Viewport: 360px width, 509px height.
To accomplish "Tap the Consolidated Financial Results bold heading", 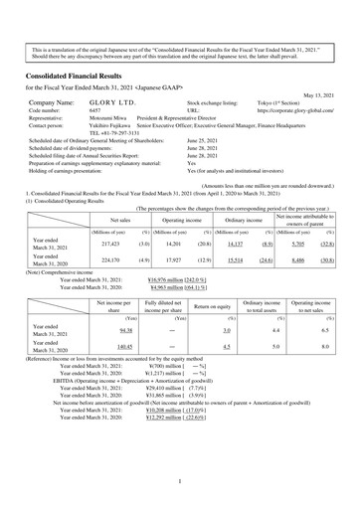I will click(x=79, y=76).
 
